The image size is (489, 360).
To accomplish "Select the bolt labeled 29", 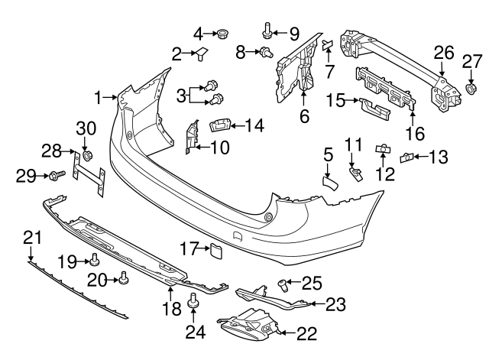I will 55,177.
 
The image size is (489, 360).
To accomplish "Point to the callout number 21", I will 31,238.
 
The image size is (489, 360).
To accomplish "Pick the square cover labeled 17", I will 215,248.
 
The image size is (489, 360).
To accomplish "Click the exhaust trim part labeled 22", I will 248,326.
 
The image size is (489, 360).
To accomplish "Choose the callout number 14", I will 256,123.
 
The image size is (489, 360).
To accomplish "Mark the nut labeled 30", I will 86,157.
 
